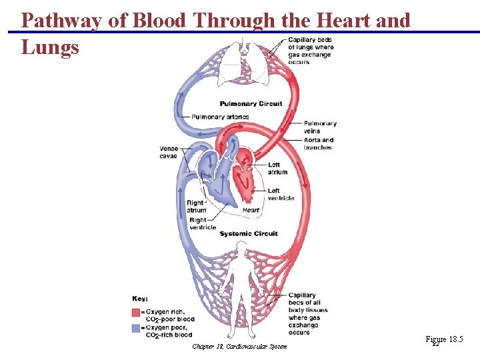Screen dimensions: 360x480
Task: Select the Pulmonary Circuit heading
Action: coord(251,103)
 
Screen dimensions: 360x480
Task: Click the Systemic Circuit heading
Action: coord(249,234)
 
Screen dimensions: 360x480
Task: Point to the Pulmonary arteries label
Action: coord(220,117)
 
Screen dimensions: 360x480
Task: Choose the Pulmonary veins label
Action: coord(320,127)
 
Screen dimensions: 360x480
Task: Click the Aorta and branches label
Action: coord(318,144)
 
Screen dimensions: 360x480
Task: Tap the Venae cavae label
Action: coord(168,152)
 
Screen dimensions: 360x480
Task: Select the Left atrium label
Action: coord(277,168)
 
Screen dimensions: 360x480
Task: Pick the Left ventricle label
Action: coord(281,194)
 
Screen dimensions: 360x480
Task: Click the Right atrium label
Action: coord(196,207)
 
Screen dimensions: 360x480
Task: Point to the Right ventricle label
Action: coord(203,223)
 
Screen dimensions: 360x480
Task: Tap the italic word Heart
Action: coord(251,210)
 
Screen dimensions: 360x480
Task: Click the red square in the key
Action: coord(135,312)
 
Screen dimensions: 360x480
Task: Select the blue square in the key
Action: coord(135,327)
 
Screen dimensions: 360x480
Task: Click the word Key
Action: coord(140,299)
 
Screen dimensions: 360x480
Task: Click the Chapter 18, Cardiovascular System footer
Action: coord(239,347)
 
